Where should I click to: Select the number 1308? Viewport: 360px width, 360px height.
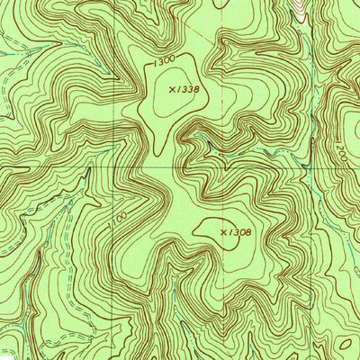coord(239,232)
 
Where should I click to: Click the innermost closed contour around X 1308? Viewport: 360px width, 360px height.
coord(216,229)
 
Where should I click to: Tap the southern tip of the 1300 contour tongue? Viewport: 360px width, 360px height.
coord(160,151)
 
